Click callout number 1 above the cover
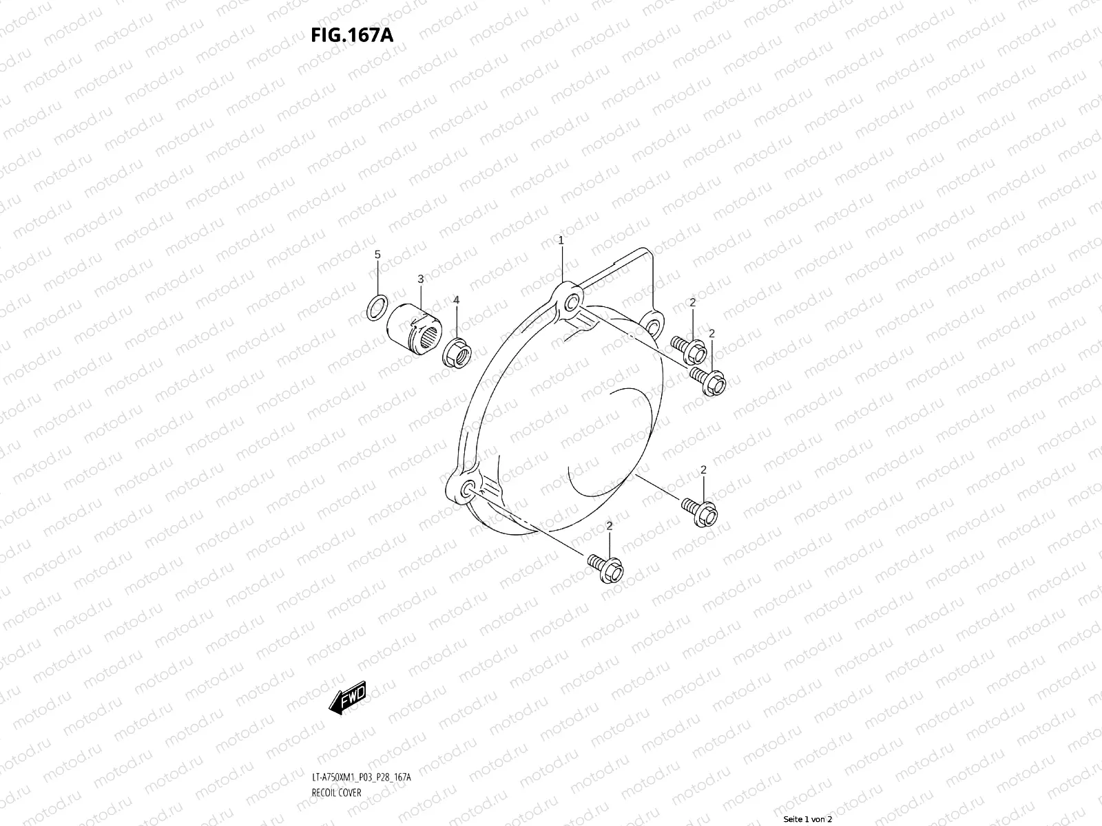click(x=561, y=240)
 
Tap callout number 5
click(x=377, y=255)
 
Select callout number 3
click(x=420, y=279)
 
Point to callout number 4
click(x=455, y=301)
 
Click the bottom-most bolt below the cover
click(x=606, y=567)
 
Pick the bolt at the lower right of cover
click(x=700, y=511)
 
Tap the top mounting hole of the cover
click(x=570, y=304)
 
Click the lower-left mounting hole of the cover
click(x=467, y=489)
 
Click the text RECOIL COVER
click(x=337, y=792)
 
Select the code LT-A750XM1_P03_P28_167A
click(x=362, y=777)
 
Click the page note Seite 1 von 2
click(x=808, y=820)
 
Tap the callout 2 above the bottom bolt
click(x=609, y=527)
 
